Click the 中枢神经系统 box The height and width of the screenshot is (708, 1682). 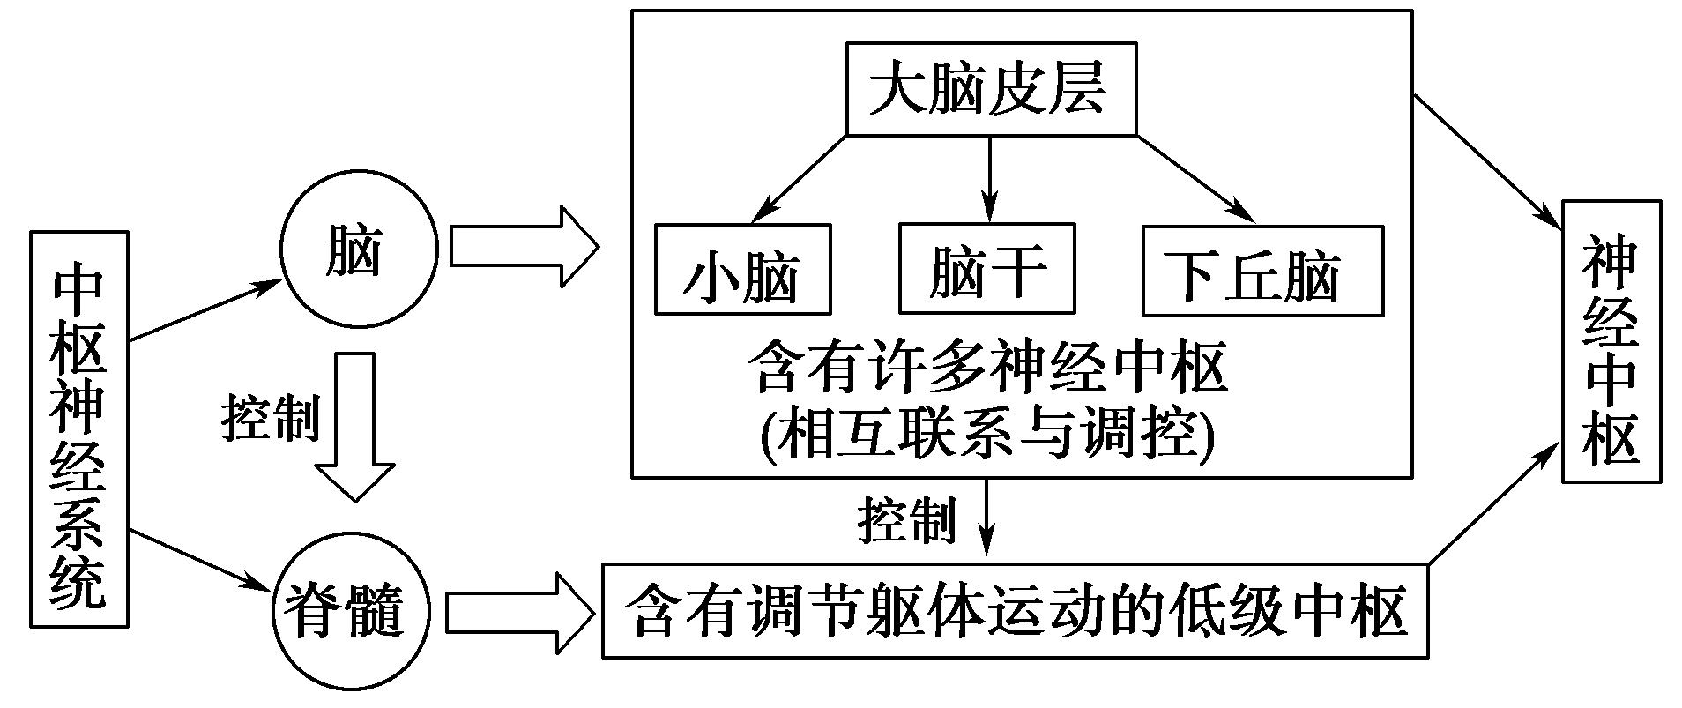[x=78, y=429]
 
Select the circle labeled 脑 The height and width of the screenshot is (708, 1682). [x=358, y=250]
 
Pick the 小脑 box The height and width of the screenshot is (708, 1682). [x=742, y=271]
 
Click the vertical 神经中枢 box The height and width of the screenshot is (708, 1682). [x=1611, y=341]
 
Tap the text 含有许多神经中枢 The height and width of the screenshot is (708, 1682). [x=987, y=368]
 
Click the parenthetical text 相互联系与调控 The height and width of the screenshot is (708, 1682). [x=987, y=432]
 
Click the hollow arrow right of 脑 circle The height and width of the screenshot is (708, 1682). [x=523, y=246]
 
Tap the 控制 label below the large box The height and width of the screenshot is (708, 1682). [x=906, y=519]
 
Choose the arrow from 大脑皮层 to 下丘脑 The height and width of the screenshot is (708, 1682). [x=1195, y=177]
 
